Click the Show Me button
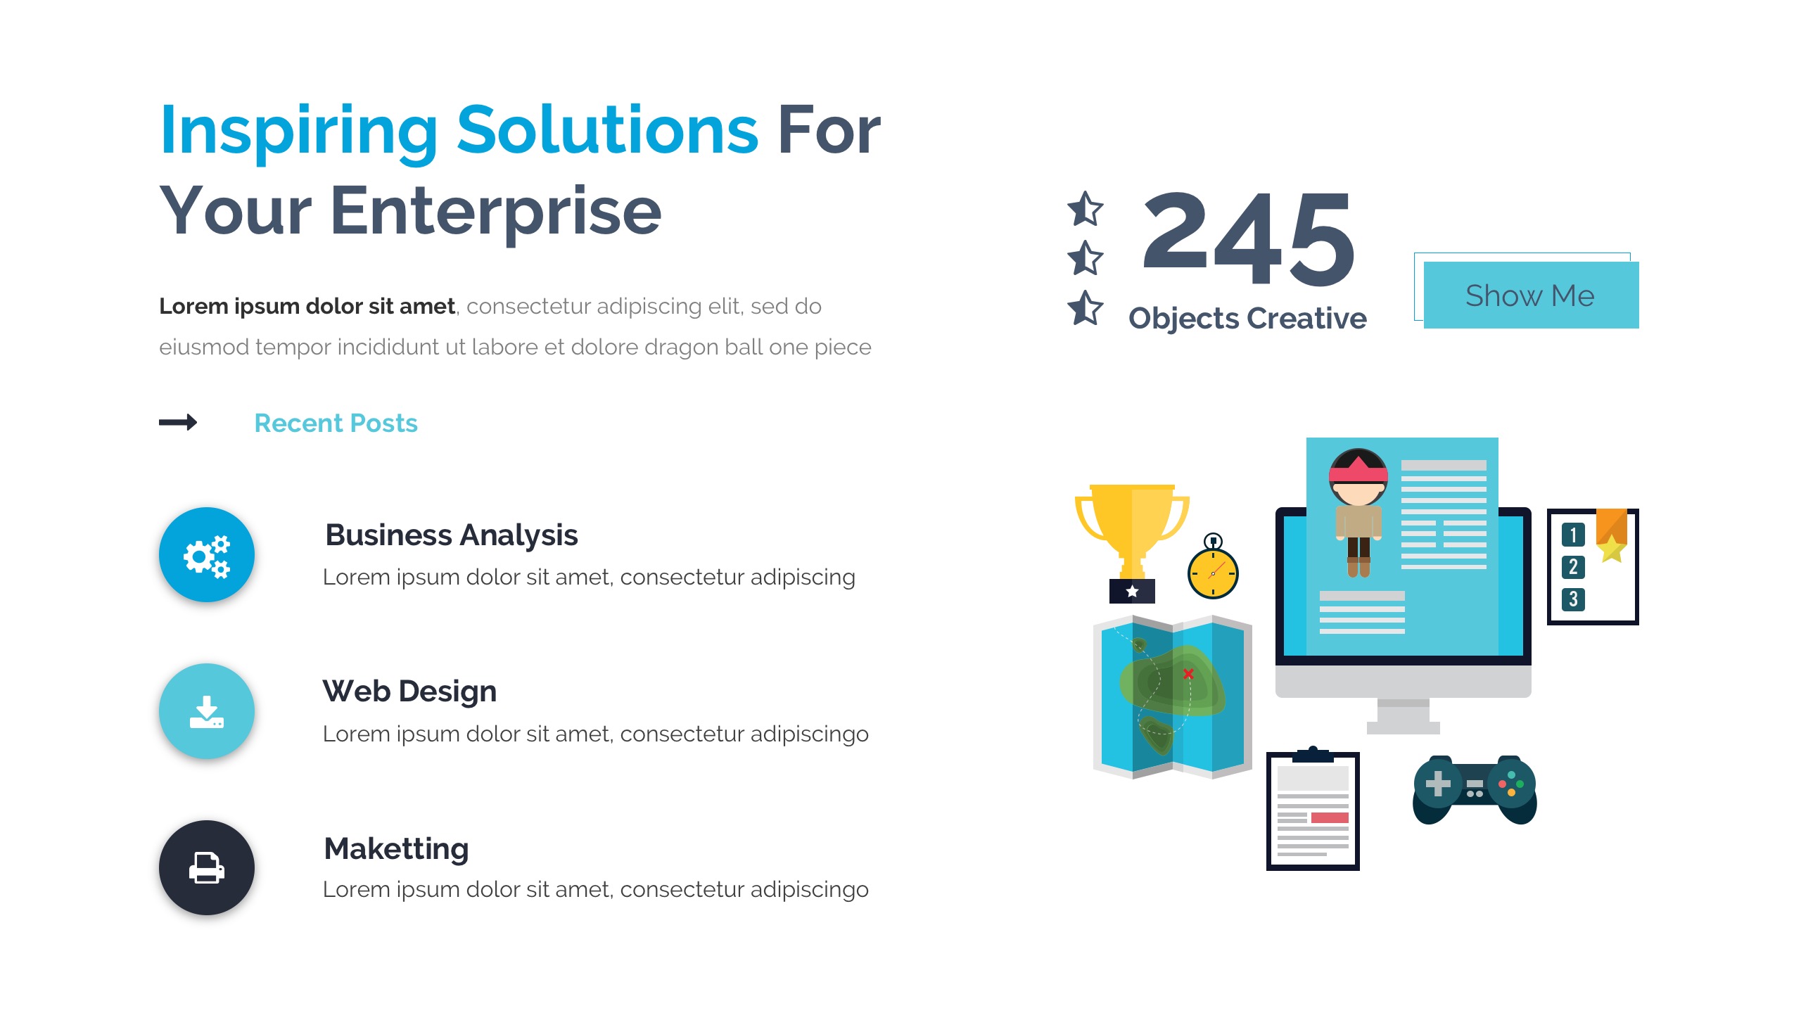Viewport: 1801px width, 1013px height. point(1531,295)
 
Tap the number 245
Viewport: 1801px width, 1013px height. point(1249,238)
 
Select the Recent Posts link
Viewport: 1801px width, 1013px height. point(336,423)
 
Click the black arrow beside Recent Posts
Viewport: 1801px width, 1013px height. point(178,422)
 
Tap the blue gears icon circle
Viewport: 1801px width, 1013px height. point(207,554)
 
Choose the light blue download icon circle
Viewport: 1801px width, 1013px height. point(207,711)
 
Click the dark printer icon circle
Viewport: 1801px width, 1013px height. point(207,867)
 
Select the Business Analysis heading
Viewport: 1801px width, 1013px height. point(451,535)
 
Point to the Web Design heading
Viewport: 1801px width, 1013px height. point(409,692)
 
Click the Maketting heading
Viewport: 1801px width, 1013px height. point(396,849)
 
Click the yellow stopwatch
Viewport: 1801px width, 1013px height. point(1213,566)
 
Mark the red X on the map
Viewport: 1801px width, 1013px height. point(1188,674)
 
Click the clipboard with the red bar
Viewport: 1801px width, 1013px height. point(1313,809)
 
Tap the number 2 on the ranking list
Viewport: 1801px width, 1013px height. point(1573,567)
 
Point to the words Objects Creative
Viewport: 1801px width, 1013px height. point(1247,319)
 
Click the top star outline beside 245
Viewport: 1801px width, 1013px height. point(1085,209)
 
